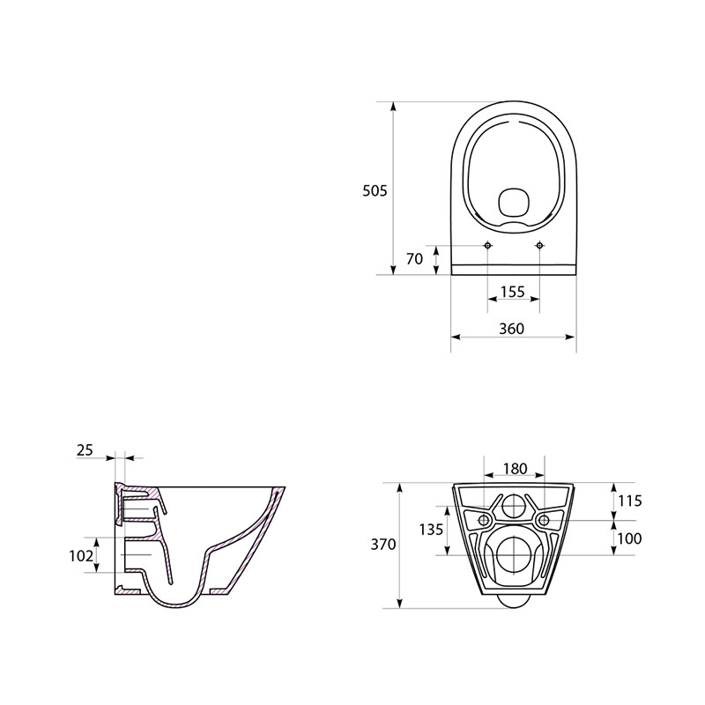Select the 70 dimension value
point(415,258)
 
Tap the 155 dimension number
point(513,290)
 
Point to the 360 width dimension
point(511,328)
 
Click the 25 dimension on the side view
point(85,450)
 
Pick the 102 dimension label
point(80,556)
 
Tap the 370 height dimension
point(383,545)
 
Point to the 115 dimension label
point(629,501)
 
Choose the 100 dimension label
point(629,538)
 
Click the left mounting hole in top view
point(488,245)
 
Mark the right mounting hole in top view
point(539,245)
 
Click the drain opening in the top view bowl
point(512,204)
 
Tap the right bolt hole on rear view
point(545,520)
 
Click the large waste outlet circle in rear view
point(513,554)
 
